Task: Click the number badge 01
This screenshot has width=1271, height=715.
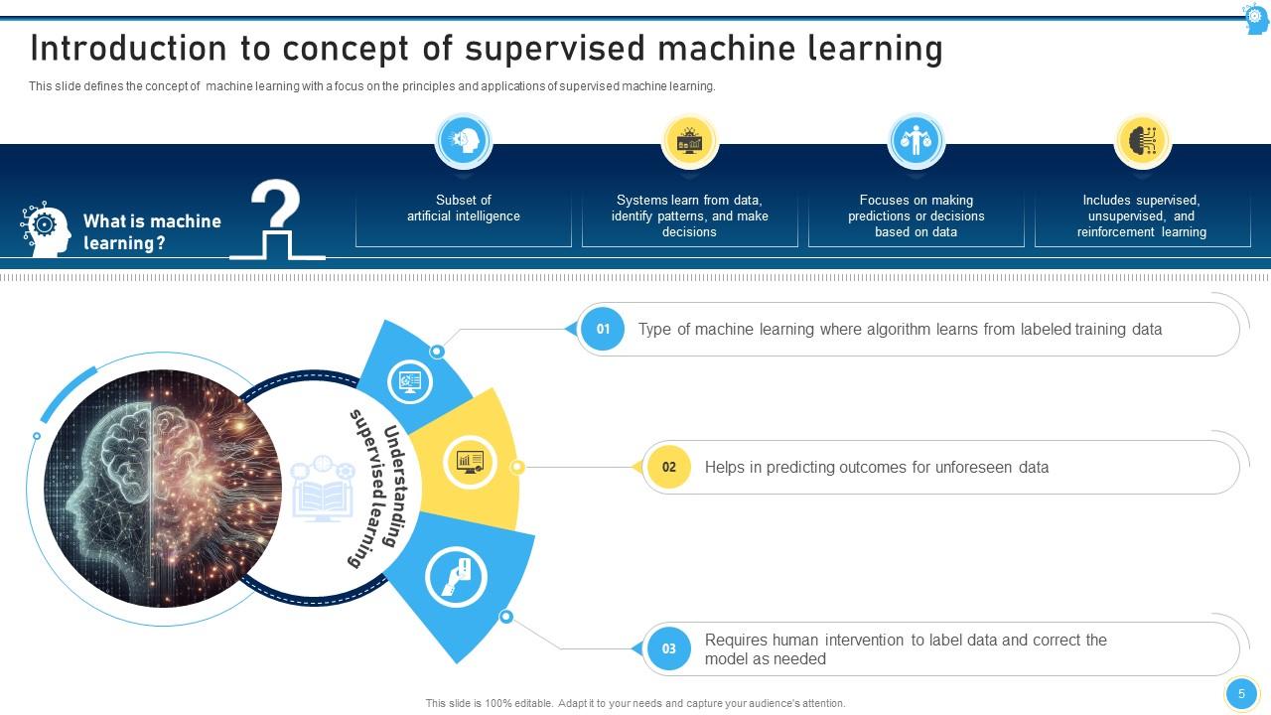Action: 603,329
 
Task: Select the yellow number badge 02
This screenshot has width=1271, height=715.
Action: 668,467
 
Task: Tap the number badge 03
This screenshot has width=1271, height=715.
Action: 668,648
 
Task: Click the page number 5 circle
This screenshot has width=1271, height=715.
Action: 1241,694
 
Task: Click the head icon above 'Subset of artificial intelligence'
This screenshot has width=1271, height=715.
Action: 464,141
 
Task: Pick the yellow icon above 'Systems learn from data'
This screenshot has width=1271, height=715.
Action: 689,141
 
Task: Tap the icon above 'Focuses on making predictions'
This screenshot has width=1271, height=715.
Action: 916,141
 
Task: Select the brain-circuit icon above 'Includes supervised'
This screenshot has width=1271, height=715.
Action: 1142,141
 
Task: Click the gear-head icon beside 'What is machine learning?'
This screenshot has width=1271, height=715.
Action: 46,229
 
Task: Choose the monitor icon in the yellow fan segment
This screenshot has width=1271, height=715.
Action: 470,462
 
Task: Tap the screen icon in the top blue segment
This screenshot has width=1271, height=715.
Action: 410,380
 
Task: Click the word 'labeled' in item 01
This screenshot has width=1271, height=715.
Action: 1046,329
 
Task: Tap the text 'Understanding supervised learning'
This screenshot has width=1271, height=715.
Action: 374,488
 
